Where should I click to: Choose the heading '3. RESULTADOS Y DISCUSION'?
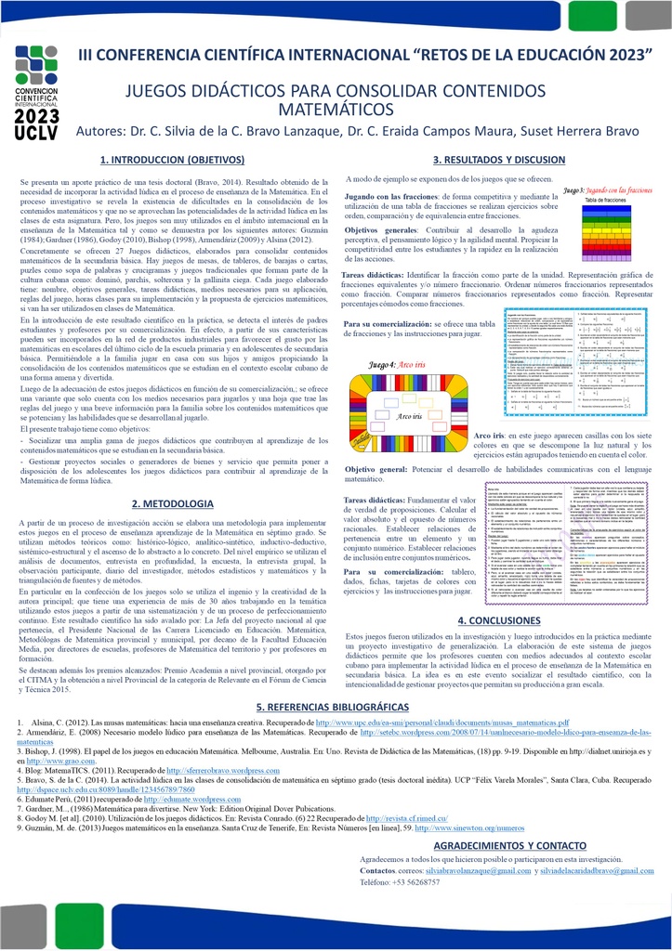[x=499, y=160]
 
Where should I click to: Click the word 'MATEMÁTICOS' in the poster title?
[x=336, y=110]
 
